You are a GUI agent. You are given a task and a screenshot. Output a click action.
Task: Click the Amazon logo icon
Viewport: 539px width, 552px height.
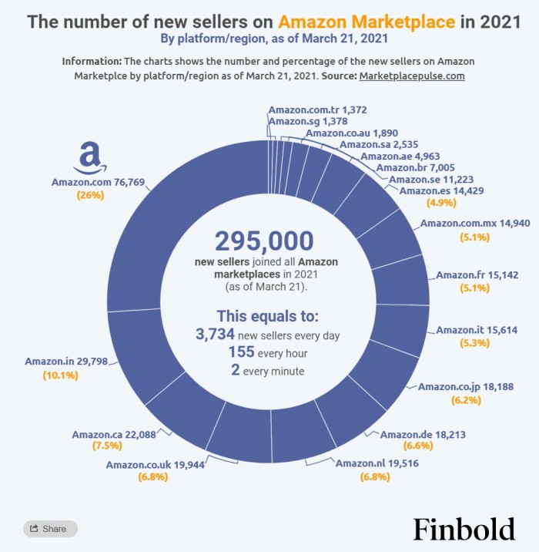[x=90, y=159]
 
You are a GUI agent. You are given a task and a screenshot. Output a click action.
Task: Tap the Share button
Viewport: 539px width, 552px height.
[x=50, y=529]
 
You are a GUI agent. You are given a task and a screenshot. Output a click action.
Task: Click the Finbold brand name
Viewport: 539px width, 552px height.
[x=464, y=529]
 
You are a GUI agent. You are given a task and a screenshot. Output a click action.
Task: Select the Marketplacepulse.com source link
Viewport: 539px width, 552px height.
[x=412, y=76]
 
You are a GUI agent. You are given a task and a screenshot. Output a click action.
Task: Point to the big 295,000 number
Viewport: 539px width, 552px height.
[x=264, y=241]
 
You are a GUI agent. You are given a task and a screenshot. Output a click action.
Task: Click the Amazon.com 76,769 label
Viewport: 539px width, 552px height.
[x=98, y=182]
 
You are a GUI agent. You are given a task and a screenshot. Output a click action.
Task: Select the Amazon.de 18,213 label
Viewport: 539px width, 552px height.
[x=420, y=434]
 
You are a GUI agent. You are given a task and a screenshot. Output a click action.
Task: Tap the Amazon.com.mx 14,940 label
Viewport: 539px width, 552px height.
[x=464, y=224]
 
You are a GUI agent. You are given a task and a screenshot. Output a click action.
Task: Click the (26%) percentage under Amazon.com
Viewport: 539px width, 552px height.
[x=90, y=195]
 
